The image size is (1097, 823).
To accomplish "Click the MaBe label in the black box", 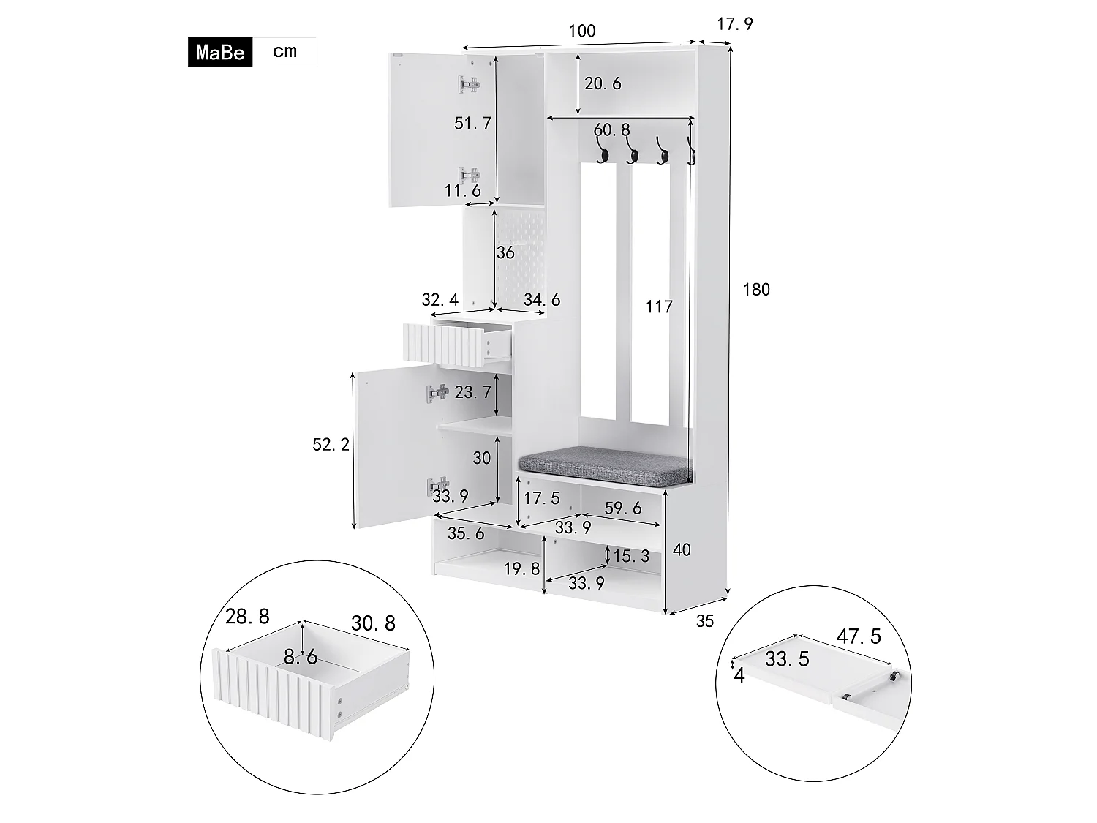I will click(x=220, y=53).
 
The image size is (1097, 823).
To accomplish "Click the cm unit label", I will click(x=284, y=51).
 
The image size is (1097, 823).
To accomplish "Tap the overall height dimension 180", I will click(x=756, y=290).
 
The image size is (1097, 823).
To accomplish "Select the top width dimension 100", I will click(x=581, y=31).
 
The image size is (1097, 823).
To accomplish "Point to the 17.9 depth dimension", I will click(x=734, y=24).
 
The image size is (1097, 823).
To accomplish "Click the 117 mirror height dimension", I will click(x=658, y=307).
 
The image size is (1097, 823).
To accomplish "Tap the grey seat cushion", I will click(x=604, y=465).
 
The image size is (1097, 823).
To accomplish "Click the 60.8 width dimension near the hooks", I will click(x=611, y=130).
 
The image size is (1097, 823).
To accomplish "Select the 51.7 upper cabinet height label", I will click(x=472, y=123).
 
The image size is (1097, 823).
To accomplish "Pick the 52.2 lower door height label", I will click(x=331, y=444).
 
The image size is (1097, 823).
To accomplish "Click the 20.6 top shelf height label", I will click(x=603, y=83).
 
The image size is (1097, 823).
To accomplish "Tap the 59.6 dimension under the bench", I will click(x=622, y=508).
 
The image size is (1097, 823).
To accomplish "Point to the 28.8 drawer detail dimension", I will click(x=247, y=617).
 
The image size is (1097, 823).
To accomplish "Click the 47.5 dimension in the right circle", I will click(x=859, y=636).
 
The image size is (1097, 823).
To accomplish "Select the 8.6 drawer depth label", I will click(x=301, y=657).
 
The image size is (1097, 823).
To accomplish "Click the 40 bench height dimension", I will click(x=681, y=549).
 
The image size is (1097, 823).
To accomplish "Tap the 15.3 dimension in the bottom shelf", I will click(x=630, y=556).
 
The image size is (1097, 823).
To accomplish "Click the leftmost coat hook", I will click(x=604, y=154).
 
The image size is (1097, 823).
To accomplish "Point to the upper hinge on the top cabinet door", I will click(x=469, y=85).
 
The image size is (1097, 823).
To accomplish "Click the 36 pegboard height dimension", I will click(x=505, y=252).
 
